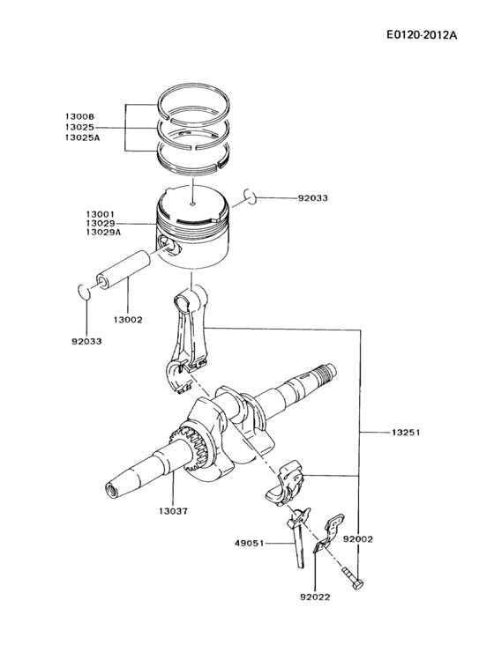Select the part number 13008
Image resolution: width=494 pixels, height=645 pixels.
pos(79,116)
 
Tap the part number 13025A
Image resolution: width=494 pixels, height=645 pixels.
pos(82,139)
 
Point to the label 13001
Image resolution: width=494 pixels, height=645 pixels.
pos(101,213)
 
